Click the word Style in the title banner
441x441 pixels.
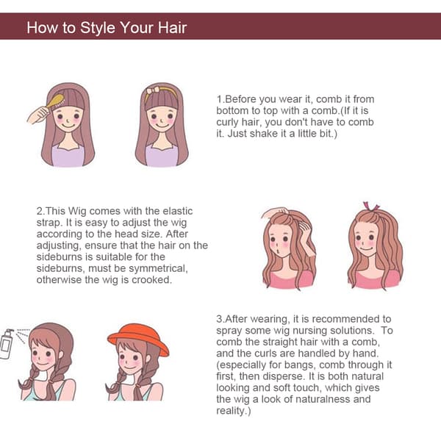98,28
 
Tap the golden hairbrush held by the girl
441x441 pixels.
56,102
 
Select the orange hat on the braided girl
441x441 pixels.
138,337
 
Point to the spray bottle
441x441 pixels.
7,344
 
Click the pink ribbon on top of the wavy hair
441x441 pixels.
370,207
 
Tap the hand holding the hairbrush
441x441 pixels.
39,115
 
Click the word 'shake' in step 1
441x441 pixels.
264,133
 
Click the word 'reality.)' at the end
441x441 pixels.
234,411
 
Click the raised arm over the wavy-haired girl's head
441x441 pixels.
275,212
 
